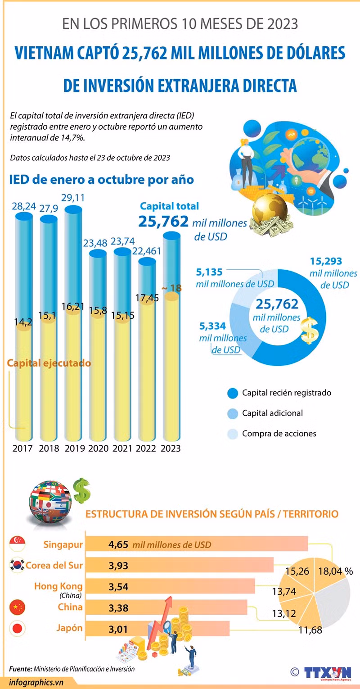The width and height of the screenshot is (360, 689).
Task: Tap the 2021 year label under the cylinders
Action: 123,448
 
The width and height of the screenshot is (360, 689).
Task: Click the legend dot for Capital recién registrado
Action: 232,393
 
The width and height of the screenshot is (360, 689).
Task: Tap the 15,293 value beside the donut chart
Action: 326,261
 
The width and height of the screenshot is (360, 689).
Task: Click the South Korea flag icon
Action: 17,565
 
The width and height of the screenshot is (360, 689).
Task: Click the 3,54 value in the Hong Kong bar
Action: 118,586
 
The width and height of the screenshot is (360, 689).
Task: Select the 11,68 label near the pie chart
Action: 310,630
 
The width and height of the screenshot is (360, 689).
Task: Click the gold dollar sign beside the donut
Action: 309,331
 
